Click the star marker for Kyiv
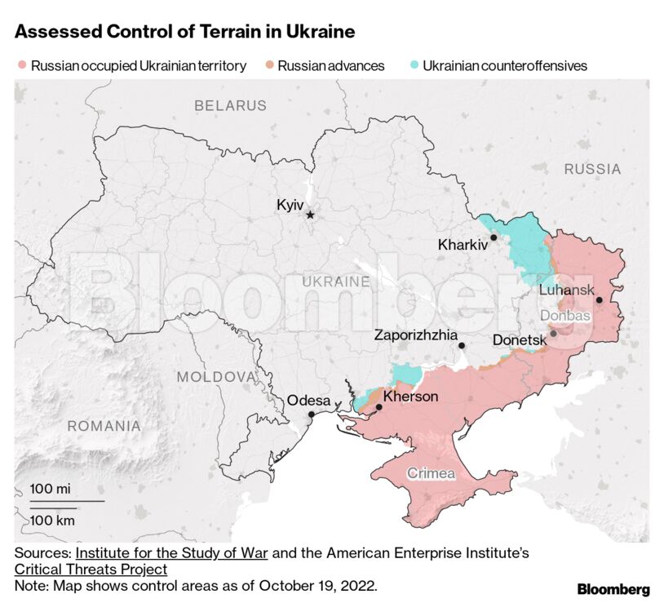[310, 215]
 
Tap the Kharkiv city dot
[494, 237]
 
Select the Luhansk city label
[566, 290]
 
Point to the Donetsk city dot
[553, 333]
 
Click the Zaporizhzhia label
[415, 335]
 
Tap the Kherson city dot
[378, 407]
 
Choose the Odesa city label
[308, 401]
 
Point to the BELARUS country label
[230, 105]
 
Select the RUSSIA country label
[591, 169]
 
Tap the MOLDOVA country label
[216, 377]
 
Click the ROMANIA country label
[104, 426]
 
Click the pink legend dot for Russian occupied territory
[22, 65]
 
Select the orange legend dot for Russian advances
[269, 65]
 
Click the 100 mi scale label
[51, 488]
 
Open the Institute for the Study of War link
[171, 553]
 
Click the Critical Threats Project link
[91, 570]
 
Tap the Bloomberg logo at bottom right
[613, 589]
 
